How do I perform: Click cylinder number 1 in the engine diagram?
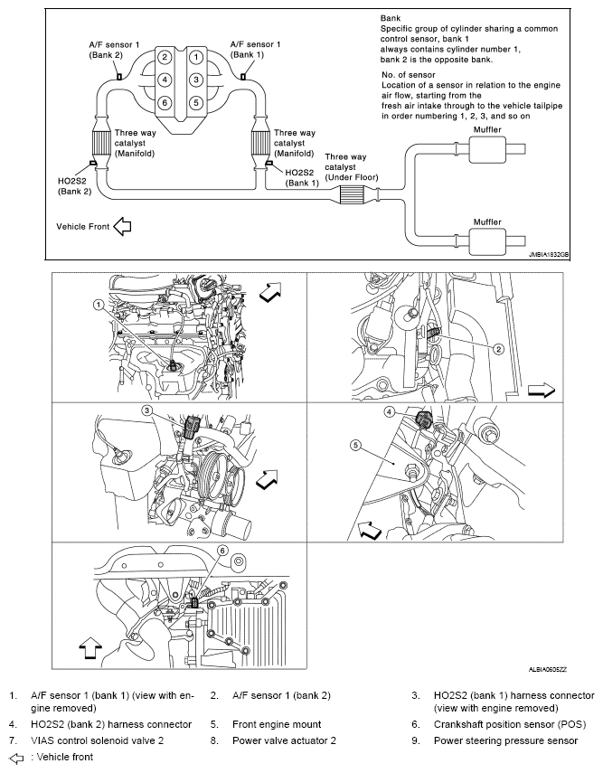194,57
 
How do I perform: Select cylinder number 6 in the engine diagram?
165,102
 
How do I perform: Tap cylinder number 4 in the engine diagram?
165,80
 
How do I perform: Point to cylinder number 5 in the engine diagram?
194,102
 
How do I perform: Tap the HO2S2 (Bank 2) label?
73,185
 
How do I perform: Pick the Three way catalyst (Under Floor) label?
352,166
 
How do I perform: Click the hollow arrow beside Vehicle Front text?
122,226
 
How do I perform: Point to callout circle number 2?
498,348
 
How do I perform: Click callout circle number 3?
145,411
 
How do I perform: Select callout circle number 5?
356,445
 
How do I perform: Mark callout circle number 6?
221,551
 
